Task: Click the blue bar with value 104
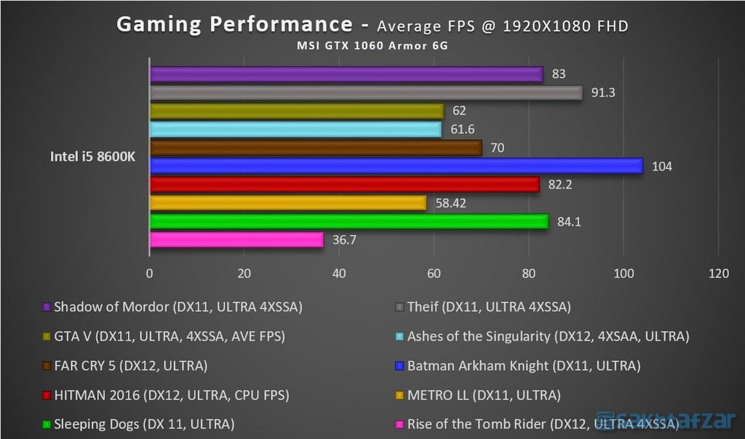[x=396, y=166]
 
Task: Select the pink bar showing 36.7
[x=236, y=240]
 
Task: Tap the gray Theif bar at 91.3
[x=366, y=92]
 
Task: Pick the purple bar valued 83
[x=346, y=74]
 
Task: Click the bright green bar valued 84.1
[x=348, y=221]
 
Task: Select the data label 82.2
[x=560, y=185]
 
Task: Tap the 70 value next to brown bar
[x=496, y=148]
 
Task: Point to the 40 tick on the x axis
[x=339, y=274]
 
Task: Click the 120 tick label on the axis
[x=718, y=274]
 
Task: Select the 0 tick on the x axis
[x=150, y=274]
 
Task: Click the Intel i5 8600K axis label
[x=93, y=157]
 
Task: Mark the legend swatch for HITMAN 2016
[x=47, y=395]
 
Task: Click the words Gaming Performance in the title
[x=234, y=25]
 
